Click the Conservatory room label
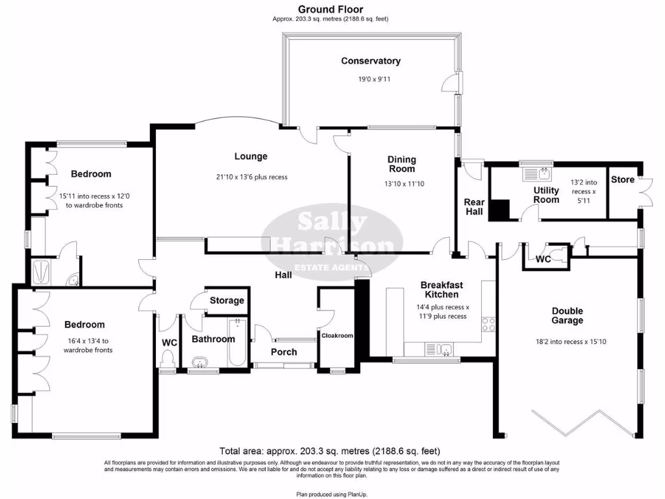371,61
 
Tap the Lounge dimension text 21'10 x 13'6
251,177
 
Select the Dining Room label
402,164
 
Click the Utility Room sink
537,173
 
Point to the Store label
622,179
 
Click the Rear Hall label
474,207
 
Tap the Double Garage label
568,316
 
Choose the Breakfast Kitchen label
442,290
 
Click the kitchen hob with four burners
488,323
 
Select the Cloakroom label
337,336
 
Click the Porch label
284,352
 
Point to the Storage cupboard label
227,301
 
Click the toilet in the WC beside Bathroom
169,358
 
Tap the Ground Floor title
330,9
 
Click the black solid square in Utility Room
500,211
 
